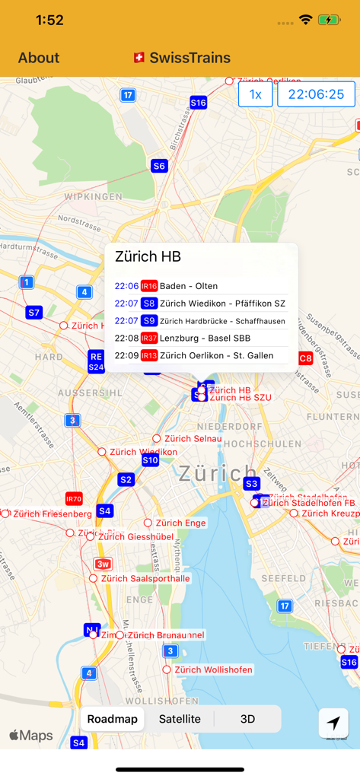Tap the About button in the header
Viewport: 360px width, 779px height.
click(x=39, y=58)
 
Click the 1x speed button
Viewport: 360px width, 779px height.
click(x=256, y=94)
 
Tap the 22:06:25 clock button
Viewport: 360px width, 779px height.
click(x=316, y=94)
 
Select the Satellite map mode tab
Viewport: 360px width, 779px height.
click(x=180, y=719)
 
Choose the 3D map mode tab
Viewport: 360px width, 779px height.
click(x=247, y=719)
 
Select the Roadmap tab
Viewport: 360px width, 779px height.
click(x=113, y=719)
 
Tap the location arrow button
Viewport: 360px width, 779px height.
click(x=333, y=723)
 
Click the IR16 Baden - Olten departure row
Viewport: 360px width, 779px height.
click(x=201, y=286)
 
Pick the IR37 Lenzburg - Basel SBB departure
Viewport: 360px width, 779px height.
click(x=201, y=338)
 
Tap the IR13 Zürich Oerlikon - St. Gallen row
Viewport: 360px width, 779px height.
click(x=201, y=355)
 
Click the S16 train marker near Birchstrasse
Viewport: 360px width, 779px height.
click(x=198, y=102)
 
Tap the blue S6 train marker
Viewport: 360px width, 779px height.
click(x=159, y=166)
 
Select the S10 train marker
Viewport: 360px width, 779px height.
click(x=150, y=459)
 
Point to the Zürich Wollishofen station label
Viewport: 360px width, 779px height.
click(x=213, y=669)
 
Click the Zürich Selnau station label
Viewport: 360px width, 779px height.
click(x=193, y=438)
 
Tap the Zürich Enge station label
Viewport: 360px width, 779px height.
click(x=180, y=523)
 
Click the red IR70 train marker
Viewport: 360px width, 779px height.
click(x=74, y=499)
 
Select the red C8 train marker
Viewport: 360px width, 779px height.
click(x=305, y=358)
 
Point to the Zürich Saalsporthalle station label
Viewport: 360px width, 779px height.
click(x=145, y=578)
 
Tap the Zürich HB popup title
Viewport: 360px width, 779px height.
click(x=148, y=257)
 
